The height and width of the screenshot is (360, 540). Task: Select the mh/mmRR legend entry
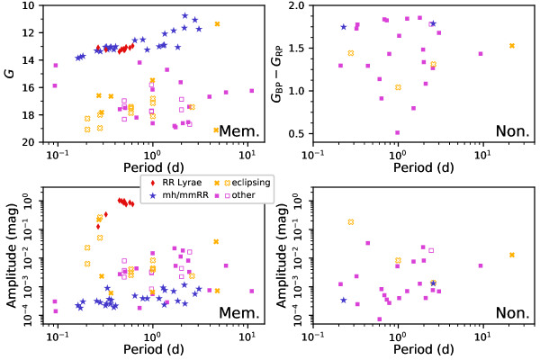tap(175, 194)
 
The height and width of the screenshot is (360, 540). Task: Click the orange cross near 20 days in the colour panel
tap(512, 46)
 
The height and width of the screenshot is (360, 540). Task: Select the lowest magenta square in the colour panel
tap(398, 132)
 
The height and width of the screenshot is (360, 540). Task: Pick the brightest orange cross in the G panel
tap(217, 24)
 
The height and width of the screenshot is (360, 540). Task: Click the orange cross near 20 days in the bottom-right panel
tap(512, 255)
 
